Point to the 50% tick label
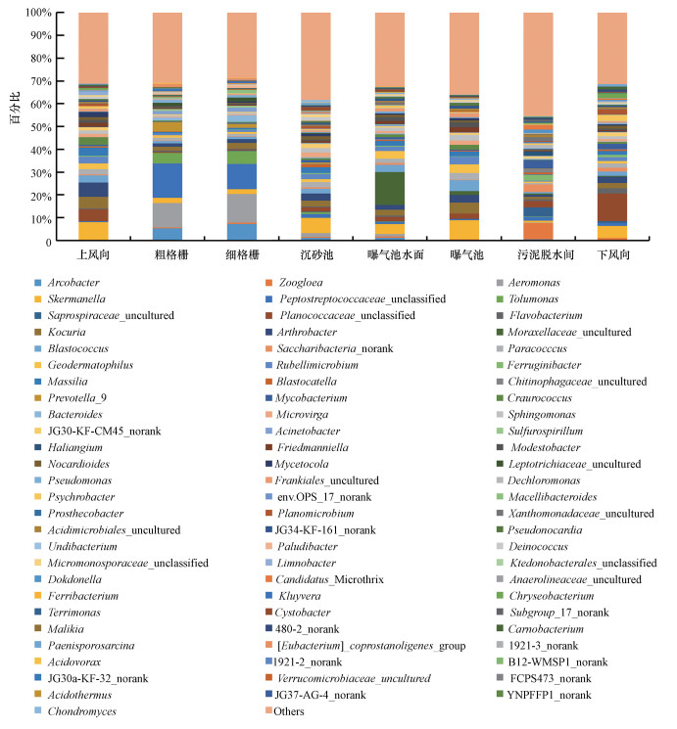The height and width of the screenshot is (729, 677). (x=36, y=127)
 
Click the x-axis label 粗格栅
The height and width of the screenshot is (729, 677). (x=168, y=254)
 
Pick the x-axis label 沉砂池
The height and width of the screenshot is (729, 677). (x=315, y=254)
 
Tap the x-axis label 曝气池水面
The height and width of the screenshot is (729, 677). (x=390, y=254)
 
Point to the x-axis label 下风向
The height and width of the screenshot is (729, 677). (x=612, y=254)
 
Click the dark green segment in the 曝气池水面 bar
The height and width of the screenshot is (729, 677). (x=390, y=189)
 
